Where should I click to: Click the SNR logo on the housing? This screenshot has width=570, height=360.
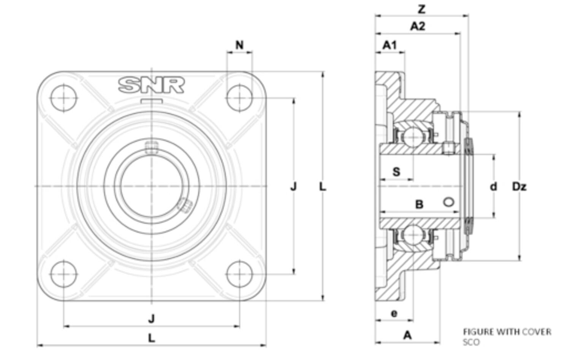[x=151, y=85]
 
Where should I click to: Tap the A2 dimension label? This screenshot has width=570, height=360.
[x=417, y=26]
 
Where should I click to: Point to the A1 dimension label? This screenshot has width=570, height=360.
[x=389, y=45]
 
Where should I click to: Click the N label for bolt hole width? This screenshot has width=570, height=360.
[x=239, y=45]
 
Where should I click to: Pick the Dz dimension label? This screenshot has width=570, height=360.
[x=519, y=187]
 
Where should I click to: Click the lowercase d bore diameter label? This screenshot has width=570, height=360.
[x=493, y=187]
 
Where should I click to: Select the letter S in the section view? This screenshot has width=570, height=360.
[x=396, y=172]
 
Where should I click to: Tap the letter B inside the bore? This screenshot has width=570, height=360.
[x=419, y=205]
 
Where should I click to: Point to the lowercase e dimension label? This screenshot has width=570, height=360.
[x=394, y=313]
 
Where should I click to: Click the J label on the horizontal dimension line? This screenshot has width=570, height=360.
[x=151, y=319]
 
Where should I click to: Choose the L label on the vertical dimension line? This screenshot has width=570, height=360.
[x=322, y=187]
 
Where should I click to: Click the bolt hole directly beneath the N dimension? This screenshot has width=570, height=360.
[x=239, y=98]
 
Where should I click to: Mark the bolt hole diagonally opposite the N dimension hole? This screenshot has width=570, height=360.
[x=63, y=274]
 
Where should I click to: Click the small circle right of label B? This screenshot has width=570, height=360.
[x=449, y=202]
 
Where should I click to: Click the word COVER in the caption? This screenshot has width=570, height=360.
[x=536, y=332]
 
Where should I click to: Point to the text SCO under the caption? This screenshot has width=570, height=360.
[x=471, y=342]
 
